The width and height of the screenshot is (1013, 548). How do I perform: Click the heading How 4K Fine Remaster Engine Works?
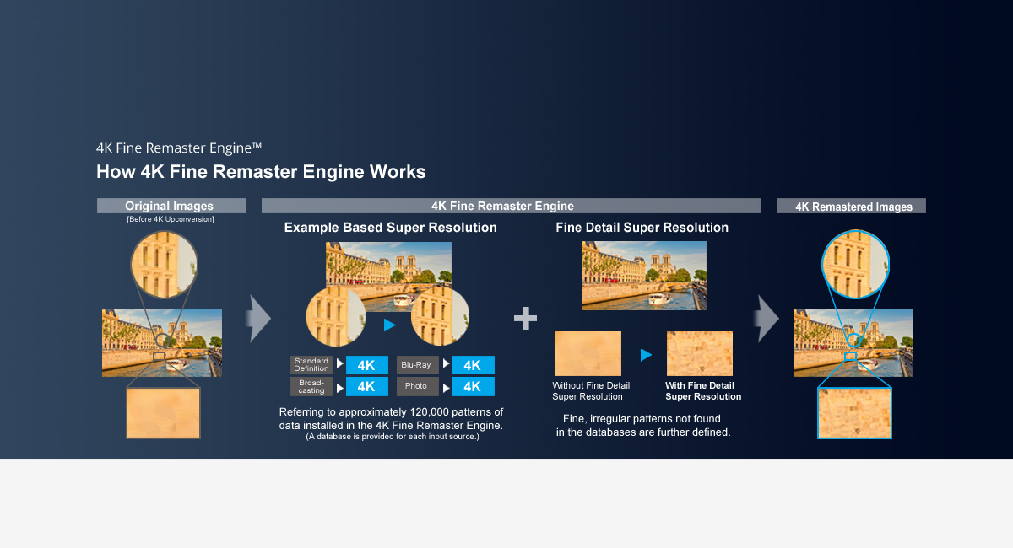(x=261, y=172)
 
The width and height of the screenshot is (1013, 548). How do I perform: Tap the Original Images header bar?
(x=171, y=206)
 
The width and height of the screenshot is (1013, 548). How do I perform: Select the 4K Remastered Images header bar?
(x=851, y=206)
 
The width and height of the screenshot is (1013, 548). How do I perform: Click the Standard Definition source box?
(x=311, y=365)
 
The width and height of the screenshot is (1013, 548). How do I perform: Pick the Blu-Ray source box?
(x=417, y=365)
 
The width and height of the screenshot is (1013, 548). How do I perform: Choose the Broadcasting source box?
(x=311, y=386)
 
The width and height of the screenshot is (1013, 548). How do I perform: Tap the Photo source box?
(x=417, y=386)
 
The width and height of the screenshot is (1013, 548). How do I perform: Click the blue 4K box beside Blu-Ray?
(x=473, y=365)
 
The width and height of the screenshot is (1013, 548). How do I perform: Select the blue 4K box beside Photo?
(x=473, y=386)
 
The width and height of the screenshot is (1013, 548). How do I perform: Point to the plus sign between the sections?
(x=525, y=318)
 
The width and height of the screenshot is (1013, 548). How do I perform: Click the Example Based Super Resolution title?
(x=390, y=228)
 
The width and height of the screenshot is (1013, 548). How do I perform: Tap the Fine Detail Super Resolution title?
(x=642, y=228)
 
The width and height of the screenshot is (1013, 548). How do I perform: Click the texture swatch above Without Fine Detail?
(x=588, y=353)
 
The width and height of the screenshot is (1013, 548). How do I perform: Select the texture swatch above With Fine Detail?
(x=700, y=353)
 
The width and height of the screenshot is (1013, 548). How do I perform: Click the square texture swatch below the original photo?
(x=164, y=412)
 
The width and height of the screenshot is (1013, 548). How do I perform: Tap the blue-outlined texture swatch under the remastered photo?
(x=854, y=413)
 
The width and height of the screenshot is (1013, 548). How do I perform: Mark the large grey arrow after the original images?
(x=259, y=319)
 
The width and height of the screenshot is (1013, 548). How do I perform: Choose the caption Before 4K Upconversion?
(x=171, y=220)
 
